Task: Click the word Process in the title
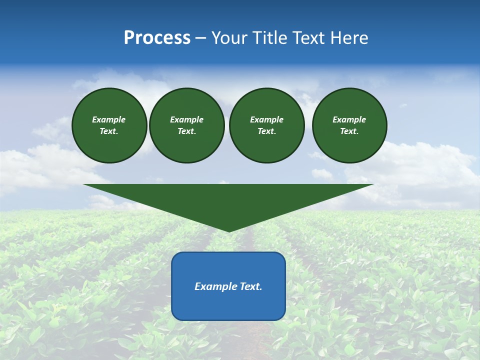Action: point(157,38)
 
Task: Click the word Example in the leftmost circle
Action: point(109,119)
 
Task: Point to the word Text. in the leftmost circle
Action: point(109,131)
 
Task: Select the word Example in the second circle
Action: point(187,119)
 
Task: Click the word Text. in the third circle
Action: point(267,131)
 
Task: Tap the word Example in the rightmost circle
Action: point(349,119)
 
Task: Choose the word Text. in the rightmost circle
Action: point(349,131)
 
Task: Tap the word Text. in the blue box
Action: point(251,286)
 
